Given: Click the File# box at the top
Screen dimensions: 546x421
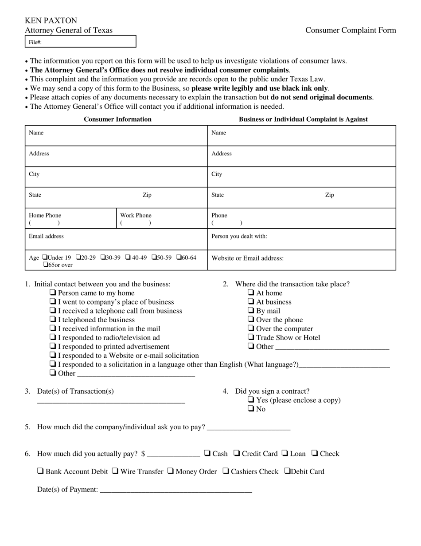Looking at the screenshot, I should [80, 42].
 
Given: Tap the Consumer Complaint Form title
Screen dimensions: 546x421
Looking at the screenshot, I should [351, 30].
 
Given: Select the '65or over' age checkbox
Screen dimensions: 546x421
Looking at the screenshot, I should [46, 265].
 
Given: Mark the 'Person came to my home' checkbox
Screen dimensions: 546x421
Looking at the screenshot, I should [53, 293].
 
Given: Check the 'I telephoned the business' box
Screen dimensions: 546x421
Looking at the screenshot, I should [53, 320].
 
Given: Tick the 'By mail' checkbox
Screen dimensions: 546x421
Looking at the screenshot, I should [251, 311].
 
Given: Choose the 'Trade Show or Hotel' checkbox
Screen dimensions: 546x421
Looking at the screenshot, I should [251, 337].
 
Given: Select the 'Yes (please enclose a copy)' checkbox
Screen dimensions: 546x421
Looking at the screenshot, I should [251, 400].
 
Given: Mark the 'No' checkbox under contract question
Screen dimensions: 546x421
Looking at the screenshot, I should [251, 409].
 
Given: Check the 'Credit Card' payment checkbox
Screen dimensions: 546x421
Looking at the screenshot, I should [237, 453].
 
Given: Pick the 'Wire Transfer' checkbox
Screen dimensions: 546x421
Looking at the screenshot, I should [115, 471].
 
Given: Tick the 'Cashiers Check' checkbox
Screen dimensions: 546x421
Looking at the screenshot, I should [226, 471].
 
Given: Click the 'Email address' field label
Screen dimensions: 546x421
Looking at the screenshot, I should [46, 236].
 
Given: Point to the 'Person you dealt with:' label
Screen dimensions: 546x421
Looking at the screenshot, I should [239, 236].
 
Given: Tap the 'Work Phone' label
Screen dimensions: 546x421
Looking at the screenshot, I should [136, 215].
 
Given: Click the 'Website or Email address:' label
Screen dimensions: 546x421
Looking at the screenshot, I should [248, 258].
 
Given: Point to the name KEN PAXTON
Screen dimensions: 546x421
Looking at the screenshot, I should [51, 20].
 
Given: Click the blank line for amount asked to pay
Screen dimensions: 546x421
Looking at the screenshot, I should [249, 427].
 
